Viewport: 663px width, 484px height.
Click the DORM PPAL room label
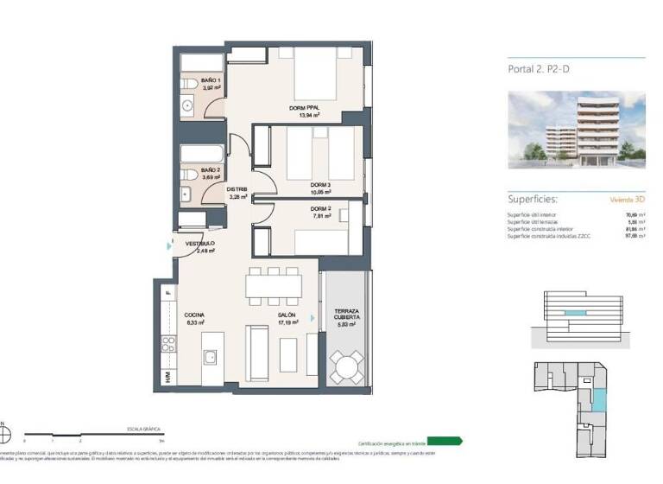click(x=304, y=108)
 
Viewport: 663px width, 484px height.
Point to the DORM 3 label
click(x=321, y=186)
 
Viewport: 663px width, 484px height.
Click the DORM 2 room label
click(x=320, y=209)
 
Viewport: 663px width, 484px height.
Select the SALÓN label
click(x=287, y=315)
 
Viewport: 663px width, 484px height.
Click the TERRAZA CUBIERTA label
click(x=347, y=314)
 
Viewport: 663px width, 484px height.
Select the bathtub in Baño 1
click(x=201, y=63)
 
